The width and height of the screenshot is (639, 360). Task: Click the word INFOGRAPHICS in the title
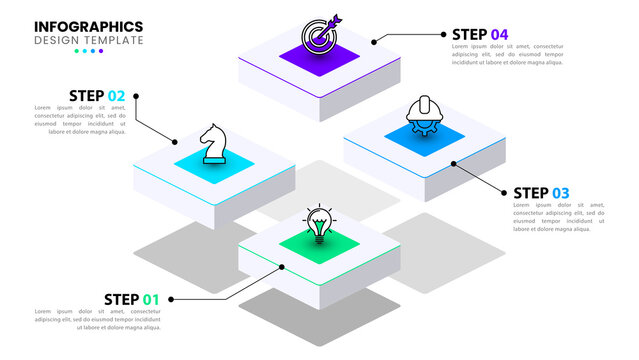(x=89, y=26)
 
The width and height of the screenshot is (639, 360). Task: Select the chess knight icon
(x=211, y=144)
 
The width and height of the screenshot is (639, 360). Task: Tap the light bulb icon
(x=318, y=223)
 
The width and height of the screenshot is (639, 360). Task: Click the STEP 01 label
(x=132, y=299)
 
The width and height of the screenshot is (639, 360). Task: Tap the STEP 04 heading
(x=480, y=35)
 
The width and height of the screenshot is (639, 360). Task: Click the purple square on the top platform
(x=320, y=58)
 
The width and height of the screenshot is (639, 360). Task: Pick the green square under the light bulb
(x=318, y=244)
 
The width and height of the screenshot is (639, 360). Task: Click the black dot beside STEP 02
(x=136, y=96)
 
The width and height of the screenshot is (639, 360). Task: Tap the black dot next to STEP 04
(x=374, y=42)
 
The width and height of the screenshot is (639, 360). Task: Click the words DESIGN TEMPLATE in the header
(x=88, y=40)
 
